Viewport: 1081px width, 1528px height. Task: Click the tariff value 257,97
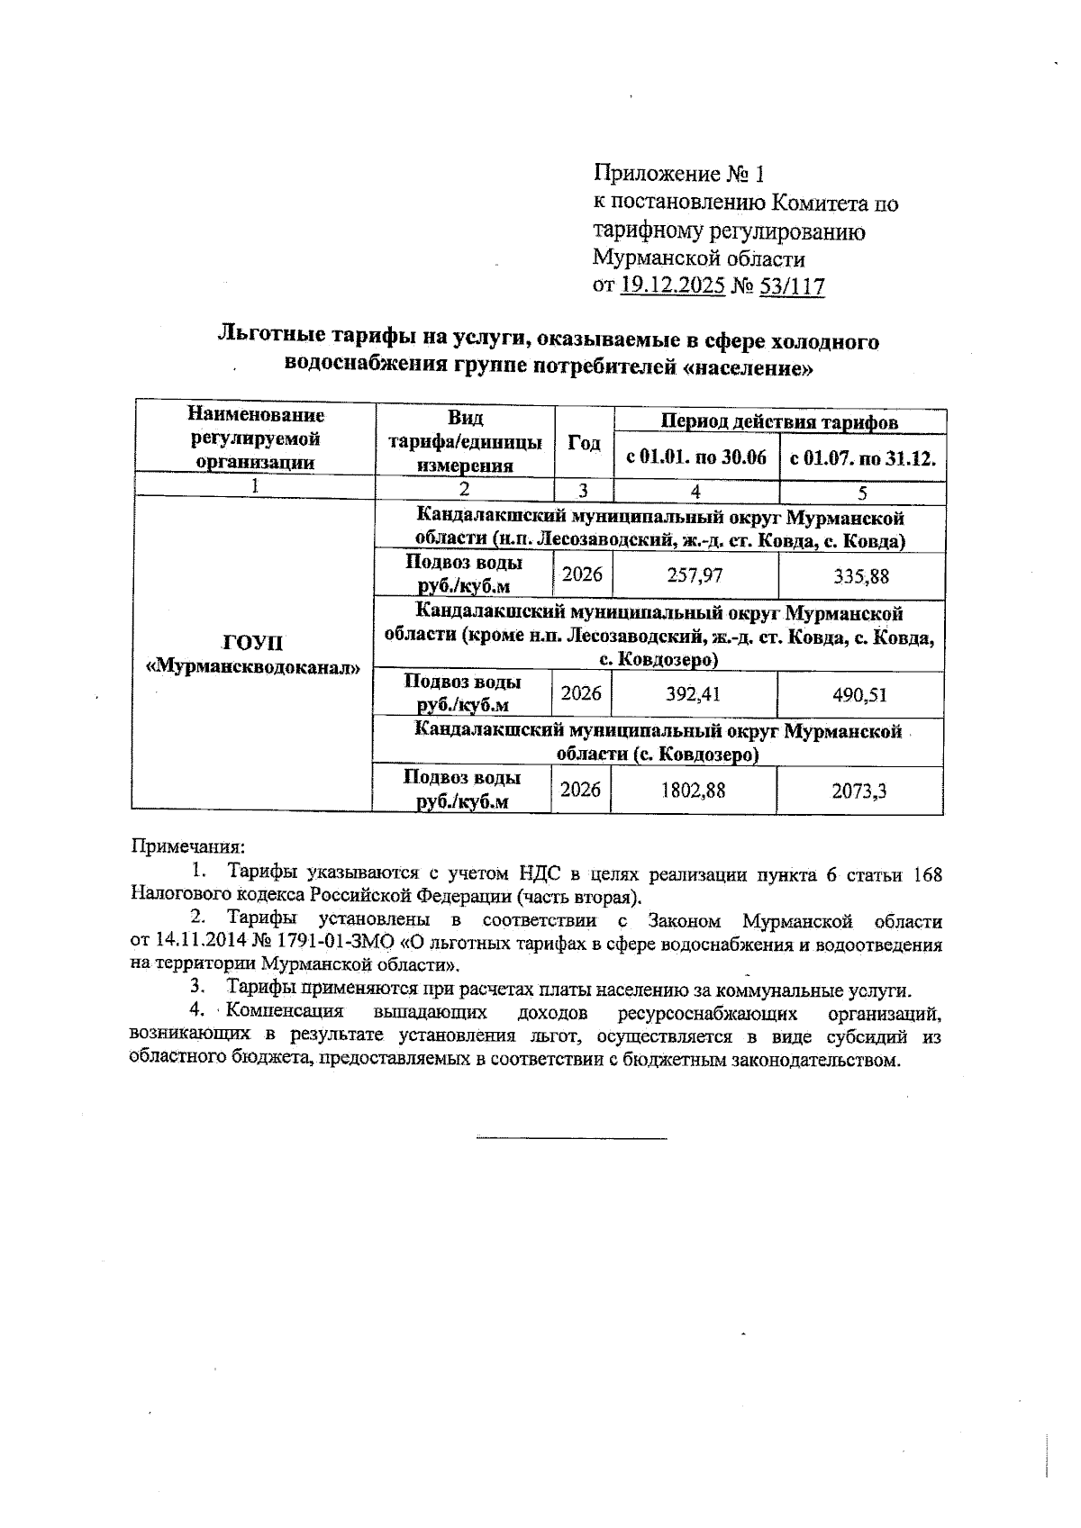pos(695,574)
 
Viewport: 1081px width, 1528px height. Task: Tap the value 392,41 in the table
pos(694,694)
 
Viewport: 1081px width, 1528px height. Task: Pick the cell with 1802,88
pos(694,790)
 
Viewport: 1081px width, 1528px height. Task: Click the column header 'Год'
pos(584,442)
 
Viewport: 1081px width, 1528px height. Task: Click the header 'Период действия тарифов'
pos(780,421)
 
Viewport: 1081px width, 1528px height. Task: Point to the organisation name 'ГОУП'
pos(253,643)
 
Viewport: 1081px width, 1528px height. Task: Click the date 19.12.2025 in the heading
pos(673,286)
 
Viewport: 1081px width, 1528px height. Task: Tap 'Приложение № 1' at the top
pos(678,173)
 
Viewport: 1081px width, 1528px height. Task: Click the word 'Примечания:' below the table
pos(188,846)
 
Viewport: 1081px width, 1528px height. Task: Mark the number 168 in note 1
pos(927,873)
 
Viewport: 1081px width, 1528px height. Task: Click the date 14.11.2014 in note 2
pos(195,945)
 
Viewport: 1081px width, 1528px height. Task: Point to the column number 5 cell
pos(862,493)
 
